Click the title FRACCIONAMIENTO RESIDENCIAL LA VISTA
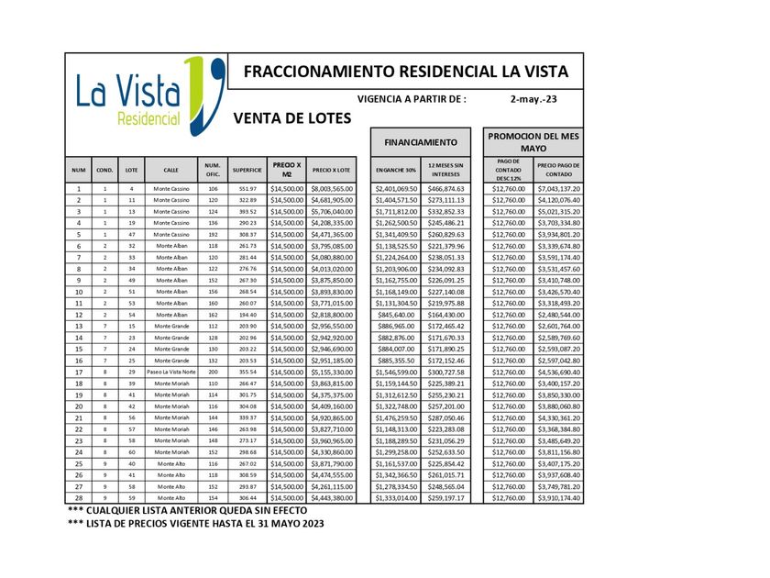click(x=406, y=72)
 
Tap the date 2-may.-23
click(x=533, y=98)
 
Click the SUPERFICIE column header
click(x=247, y=170)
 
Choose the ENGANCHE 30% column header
click(x=395, y=170)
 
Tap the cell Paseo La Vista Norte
click(x=171, y=372)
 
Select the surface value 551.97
click(x=247, y=188)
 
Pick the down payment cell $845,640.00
click(x=395, y=314)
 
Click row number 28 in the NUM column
click(x=79, y=497)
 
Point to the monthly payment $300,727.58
click(x=445, y=372)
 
